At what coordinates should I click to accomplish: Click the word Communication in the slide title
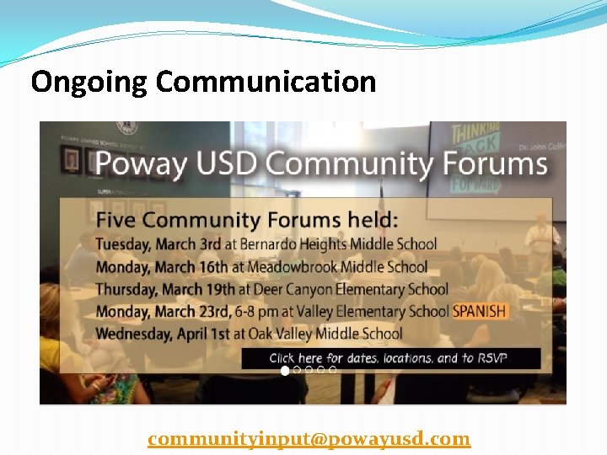coord(266,82)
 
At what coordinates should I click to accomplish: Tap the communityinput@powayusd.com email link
coord(309,439)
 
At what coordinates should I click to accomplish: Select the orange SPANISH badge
coord(481,311)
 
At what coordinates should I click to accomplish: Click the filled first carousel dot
coord(285,370)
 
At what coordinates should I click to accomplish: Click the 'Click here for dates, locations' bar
coord(389,358)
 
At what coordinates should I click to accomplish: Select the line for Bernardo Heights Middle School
coord(266,244)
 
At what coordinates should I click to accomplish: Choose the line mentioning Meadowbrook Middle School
coord(261,267)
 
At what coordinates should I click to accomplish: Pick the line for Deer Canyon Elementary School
coord(271,289)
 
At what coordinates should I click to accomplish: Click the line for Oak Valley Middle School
coord(249,334)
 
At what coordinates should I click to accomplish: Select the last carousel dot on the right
coord(333,370)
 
